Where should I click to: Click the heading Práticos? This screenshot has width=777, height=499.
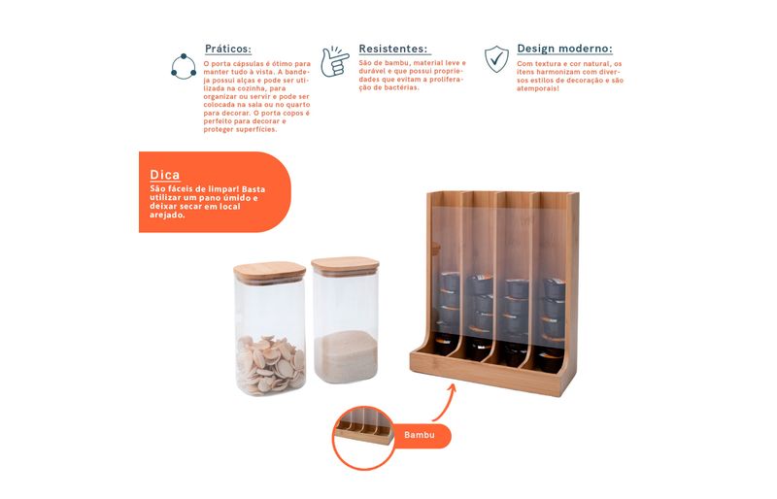coord(228,49)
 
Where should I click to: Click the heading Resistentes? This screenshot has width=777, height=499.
coord(393,49)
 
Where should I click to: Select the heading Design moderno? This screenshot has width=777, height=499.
coord(564,49)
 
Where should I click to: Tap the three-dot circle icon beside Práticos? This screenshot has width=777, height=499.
coord(184,66)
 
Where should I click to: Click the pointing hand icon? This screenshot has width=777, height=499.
coord(333,61)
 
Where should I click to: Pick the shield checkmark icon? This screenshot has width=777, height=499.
coord(496,58)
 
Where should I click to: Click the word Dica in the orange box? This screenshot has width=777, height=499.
coord(165,175)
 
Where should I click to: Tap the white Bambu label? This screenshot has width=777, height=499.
coord(420,435)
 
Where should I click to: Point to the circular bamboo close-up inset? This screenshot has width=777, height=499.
coord(363,438)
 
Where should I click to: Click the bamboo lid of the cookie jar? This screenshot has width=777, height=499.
coord(270,272)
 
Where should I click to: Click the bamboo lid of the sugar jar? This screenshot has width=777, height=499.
coord(346,266)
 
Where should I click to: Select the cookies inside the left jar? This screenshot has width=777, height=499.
coord(270,364)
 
